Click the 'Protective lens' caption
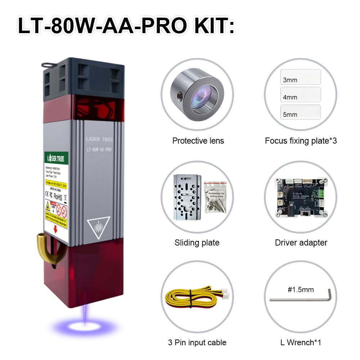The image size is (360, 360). click(x=198, y=140)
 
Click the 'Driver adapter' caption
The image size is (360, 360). click(x=301, y=242)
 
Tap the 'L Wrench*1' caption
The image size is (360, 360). click(x=301, y=342)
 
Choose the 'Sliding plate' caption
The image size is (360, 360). click(x=197, y=242)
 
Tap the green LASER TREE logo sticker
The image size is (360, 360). click(x=57, y=158)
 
